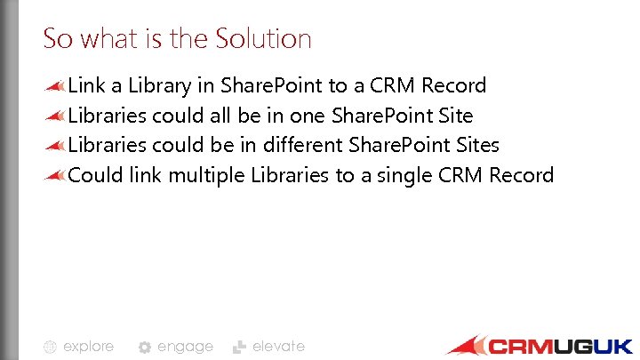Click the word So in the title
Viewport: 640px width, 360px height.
point(57,39)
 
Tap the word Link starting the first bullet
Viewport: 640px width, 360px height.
point(86,86)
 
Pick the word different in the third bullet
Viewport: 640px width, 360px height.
point(302,145)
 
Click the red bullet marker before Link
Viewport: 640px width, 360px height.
point(55,86)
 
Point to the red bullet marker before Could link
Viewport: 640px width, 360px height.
point(55,175)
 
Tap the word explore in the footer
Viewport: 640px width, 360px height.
point(88,347)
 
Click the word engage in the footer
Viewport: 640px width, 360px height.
point(185,347)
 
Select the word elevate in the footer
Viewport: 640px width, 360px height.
point(278,347)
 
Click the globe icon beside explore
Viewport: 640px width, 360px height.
point(51,348)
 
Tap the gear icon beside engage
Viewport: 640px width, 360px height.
point(145,348)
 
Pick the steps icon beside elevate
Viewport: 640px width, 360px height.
point(239,348)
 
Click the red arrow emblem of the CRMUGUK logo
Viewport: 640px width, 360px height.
point(467,345)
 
